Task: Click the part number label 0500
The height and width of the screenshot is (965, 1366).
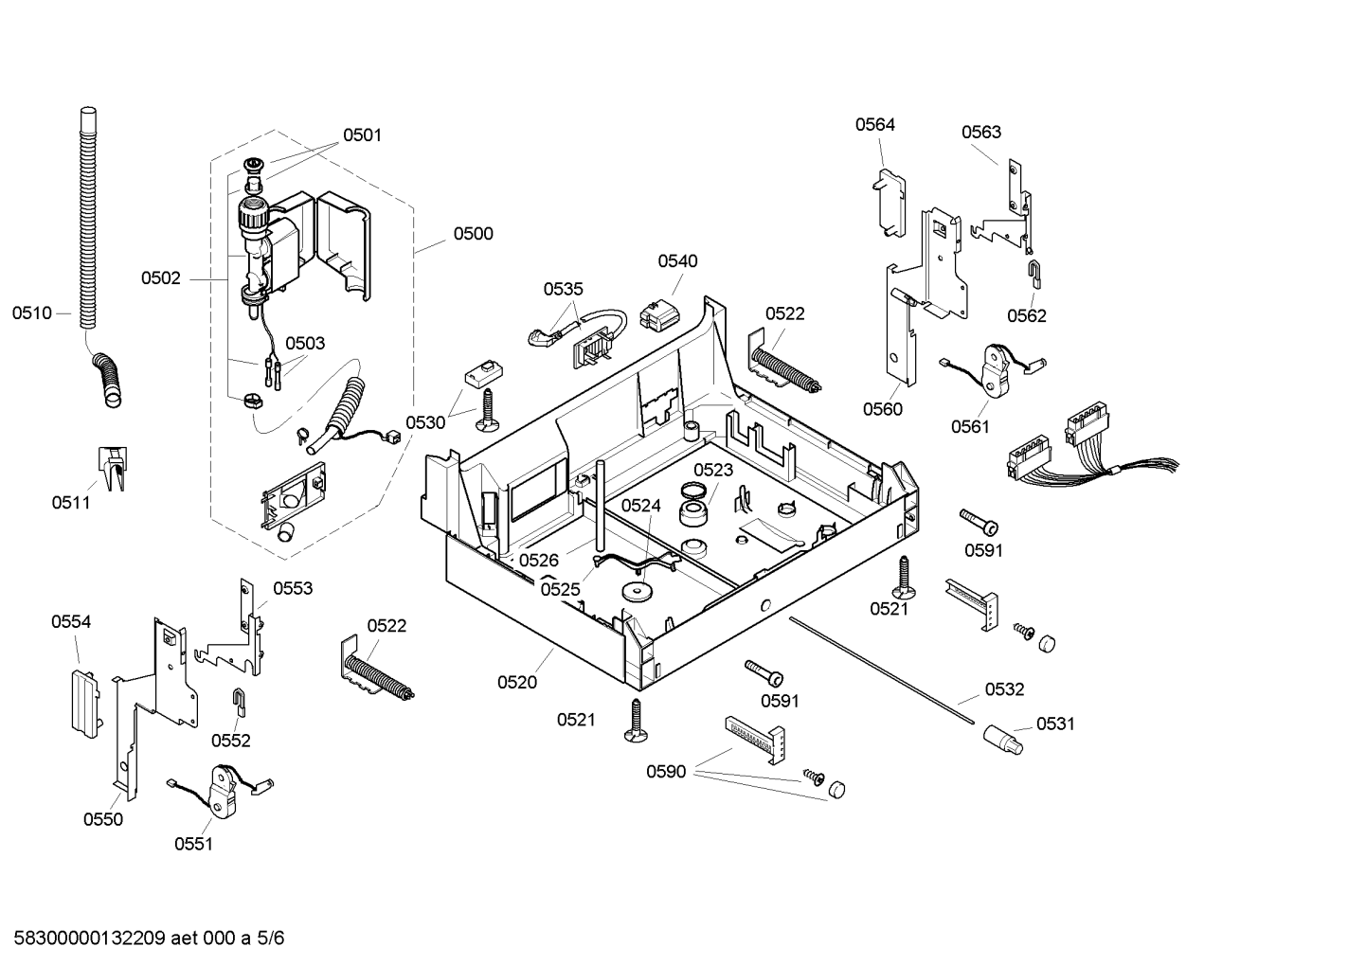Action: [x=474, y=234]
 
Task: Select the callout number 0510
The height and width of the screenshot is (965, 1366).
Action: [x=32, y=313]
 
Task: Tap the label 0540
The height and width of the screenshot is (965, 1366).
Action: [x=677, y=261]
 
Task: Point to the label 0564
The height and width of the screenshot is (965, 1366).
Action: [x=875, y=125]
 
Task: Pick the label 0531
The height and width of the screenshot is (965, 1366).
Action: [x=1055, y=724]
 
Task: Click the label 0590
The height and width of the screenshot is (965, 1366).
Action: [x=666, y=773]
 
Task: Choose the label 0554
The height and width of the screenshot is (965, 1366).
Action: [x=71, y=622]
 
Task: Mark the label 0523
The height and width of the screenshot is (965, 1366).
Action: [x=713, y=470]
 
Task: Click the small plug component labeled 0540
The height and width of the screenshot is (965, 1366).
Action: [x=660, y=314]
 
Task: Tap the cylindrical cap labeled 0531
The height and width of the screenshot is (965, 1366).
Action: [x=1002, y=741]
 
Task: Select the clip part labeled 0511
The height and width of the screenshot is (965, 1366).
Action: [x=114, y=468]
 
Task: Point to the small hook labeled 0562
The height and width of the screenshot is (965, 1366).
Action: [x=1033, y=274]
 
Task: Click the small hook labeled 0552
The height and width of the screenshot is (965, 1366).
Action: [x=240, y=702]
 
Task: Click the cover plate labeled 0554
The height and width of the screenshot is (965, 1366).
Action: [x=84, y=704]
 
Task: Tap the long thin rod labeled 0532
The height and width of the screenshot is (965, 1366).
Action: [x=882, y=671]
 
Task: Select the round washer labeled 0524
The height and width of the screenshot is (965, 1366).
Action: [x=637, y=591]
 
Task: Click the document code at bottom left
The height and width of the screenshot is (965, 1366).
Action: [x=149, y=938]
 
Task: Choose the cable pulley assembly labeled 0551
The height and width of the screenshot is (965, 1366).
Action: [x=222, y=792]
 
